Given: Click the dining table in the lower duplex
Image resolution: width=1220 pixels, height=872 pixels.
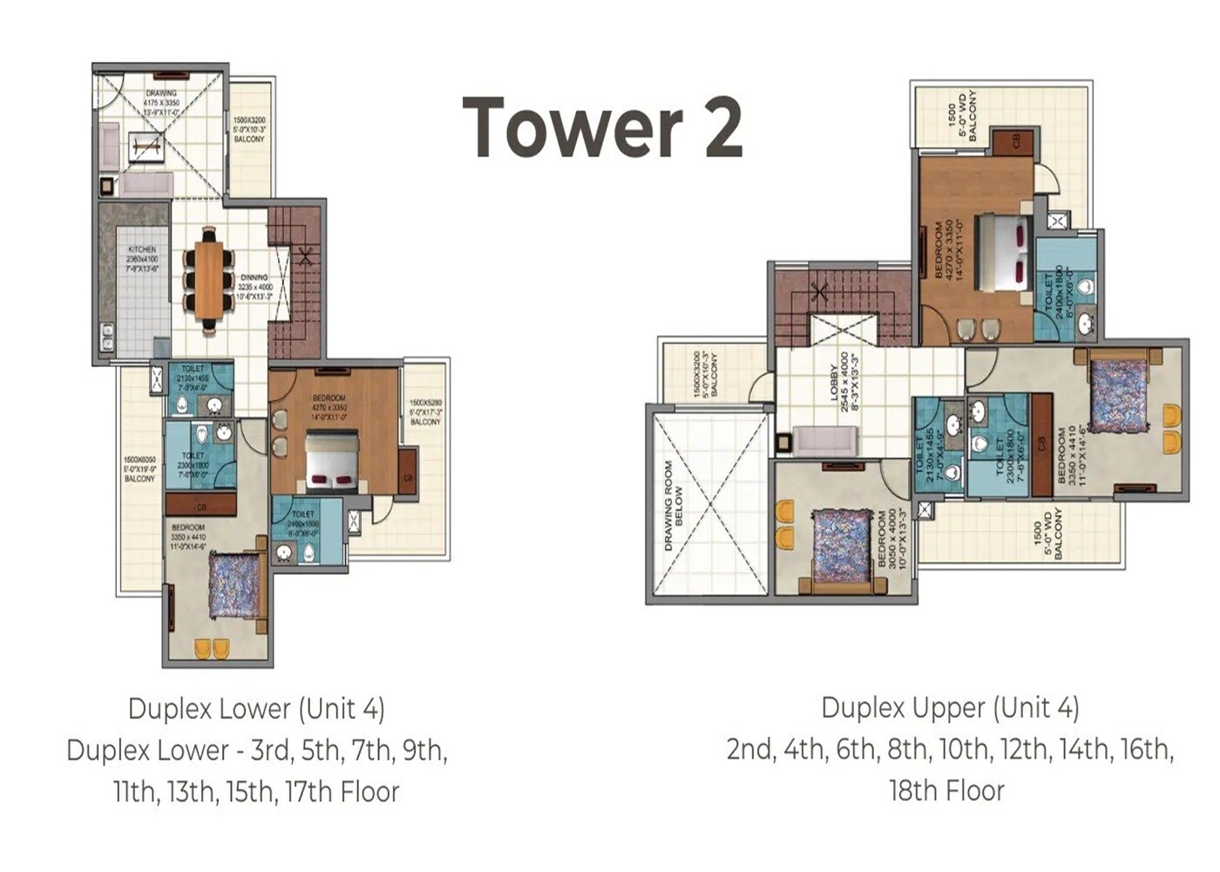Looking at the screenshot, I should (x=209, y=280).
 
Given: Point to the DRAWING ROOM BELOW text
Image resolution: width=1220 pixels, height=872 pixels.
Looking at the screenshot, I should (x=674, y=506).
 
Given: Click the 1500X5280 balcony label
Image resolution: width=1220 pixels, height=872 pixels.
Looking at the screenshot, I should (x=425, y=412).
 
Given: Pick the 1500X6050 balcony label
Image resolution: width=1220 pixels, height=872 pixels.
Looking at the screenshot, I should (x=139, y=469).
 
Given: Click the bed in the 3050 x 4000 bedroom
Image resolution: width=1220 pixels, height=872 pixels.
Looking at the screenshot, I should (x=840, y=545).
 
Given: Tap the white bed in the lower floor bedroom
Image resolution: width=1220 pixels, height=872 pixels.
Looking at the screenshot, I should (x=332, y=462).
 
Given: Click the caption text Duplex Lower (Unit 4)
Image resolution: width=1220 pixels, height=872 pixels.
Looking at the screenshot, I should (x=256, y=708).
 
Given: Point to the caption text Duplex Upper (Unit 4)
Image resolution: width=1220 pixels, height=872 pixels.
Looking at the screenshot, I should (x=950, y=707).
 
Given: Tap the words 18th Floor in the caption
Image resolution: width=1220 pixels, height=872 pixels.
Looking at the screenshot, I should (x=946, y=791).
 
